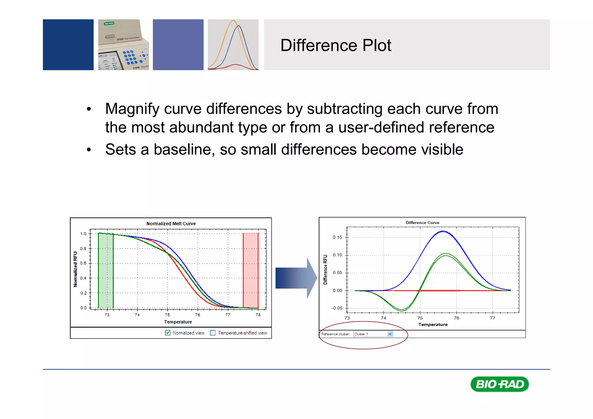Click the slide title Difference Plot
click(x=336, y=45)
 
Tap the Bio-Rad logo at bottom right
click(x=499, y=384)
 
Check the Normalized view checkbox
click(x=168, y=333)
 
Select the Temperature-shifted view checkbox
click(x=213, y=333)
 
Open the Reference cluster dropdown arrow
click(x=390, y=334)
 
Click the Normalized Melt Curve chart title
click(x=171, y=224)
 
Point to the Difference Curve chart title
click(x=422, y=223)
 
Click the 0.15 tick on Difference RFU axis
click(x=337, y=237)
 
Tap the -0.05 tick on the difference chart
click(x=337, y=308)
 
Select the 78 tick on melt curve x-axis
click(x=258, y=315)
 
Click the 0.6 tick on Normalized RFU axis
click(x=83, y=263)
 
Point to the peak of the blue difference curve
click(x=443, y=231)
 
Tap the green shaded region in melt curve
click(x=106, y=271)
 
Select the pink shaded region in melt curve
click(x=250, y=271)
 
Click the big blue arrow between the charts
click(x=295, y=278)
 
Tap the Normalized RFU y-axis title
click(x=75, y=269)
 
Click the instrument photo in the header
click(x=123, y=45)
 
